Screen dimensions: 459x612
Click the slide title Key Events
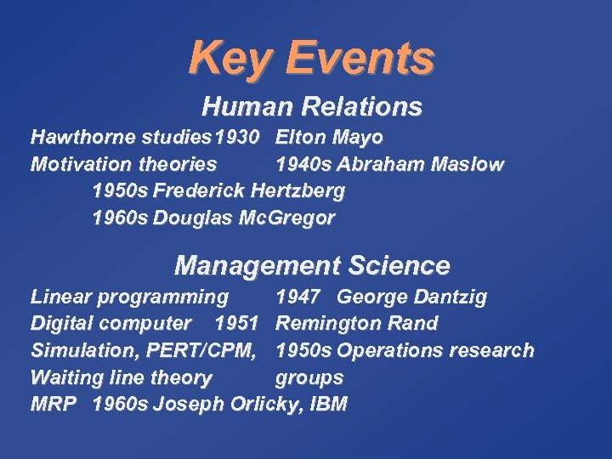pyautogui.click(x=311, y=58)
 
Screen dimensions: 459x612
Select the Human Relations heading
pyautogui.click(x=311, y=107)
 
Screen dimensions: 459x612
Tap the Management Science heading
pyautogui.click(x=311, y=266)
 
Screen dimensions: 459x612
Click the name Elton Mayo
pyautogui.click(x=330, y=137)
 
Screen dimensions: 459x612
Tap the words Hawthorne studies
pyautogui.click(x=121, y=137)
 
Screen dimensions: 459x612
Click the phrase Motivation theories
pyautogui.click(x=123, y=164)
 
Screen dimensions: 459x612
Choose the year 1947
pyautogui.click(x=297, y=297)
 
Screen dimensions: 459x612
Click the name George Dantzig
pyautogui.click(x=411, y=297)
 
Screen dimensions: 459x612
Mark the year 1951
pyautogui.click(x=236, y=324)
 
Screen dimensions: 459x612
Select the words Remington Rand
pyautogui.click(x=357, y=324)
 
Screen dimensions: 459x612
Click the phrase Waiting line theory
pyautogui.click(x=121, y=377)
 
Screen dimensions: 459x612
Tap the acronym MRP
pyautogui.click(x=53, y=405)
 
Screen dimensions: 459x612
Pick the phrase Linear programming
pyautogui.click(x=129, y=297)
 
